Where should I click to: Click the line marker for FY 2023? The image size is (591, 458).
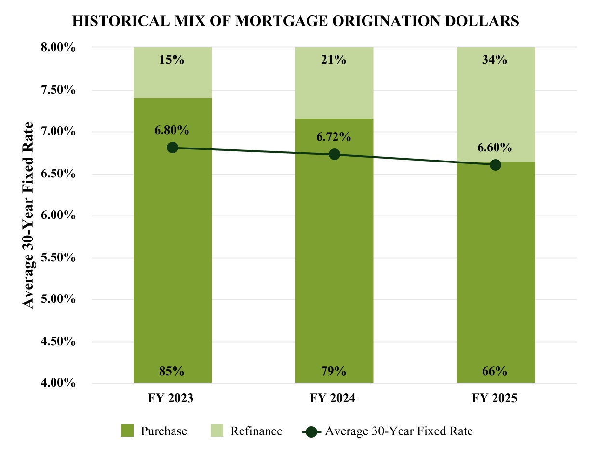coord(173,148)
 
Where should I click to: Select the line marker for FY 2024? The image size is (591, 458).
coord(334,154)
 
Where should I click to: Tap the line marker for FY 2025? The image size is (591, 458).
coord(496,165)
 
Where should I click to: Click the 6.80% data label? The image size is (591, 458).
coord(172,130)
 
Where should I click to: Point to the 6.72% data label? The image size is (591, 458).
coord(334,137)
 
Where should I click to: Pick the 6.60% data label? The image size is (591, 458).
coord(495,148)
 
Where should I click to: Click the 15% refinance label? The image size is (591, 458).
coord(172,60)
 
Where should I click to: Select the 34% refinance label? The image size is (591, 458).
coord(495,60)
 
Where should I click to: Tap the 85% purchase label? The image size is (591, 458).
coord(172,371)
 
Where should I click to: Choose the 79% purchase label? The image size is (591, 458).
coord(334,371)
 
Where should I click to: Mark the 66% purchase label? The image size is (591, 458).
coord(495,371)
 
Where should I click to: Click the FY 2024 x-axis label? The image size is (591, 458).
coord(334,399)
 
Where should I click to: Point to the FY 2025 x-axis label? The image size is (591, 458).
coord(495,399)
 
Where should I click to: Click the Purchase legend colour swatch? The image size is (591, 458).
coord(127,431)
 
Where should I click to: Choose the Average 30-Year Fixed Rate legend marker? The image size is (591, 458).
coord(311,431)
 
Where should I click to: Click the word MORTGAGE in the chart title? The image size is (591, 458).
coord(273,21)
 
